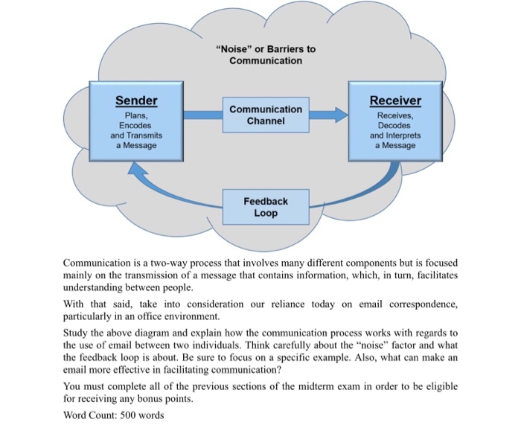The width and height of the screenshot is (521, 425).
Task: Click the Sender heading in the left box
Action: click(136, 100)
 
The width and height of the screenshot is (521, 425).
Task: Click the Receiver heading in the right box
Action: click(395, 100)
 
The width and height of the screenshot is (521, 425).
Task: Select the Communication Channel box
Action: click(266, 115)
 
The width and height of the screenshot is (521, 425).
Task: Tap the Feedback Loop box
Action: click(265, 207)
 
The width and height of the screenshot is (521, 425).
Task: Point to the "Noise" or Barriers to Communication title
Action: click(265, 54)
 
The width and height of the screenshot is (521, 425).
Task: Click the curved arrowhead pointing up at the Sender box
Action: click(137, 170)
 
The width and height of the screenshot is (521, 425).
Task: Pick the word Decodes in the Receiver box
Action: click(395, 126)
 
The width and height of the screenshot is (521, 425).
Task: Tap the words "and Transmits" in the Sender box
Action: click(135, 135)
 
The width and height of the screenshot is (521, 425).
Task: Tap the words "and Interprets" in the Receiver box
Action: click(395, 135)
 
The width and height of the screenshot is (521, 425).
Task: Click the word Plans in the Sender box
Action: click(135, 116)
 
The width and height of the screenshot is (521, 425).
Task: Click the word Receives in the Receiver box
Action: click(395, 116)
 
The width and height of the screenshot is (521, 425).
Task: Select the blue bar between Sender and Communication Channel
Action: click(202, 115)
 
